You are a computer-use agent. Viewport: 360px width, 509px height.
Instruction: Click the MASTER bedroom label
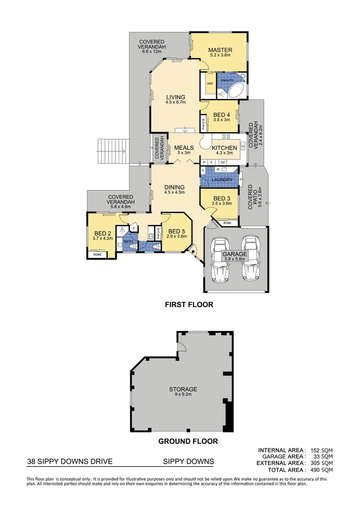pos(220,49)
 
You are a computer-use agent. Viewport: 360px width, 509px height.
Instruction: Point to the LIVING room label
pos(175,98)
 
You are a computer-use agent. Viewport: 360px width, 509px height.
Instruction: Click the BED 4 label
pos(221,115)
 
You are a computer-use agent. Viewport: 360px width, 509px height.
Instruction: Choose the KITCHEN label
pos(224,148)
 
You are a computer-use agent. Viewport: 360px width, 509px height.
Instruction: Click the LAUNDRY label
pos(221,180)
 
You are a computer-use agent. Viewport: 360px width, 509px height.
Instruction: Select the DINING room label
pos(174,187)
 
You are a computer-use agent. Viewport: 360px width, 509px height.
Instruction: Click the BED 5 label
pos(177,231)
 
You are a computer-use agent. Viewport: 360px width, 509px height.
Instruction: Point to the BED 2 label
pos(102,233)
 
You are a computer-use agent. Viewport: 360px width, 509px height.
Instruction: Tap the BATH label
pos(128,242)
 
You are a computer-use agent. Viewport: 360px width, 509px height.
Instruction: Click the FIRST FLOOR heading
pos(189,304)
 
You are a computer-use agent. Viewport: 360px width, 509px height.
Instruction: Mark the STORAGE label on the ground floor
pos(183,389)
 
